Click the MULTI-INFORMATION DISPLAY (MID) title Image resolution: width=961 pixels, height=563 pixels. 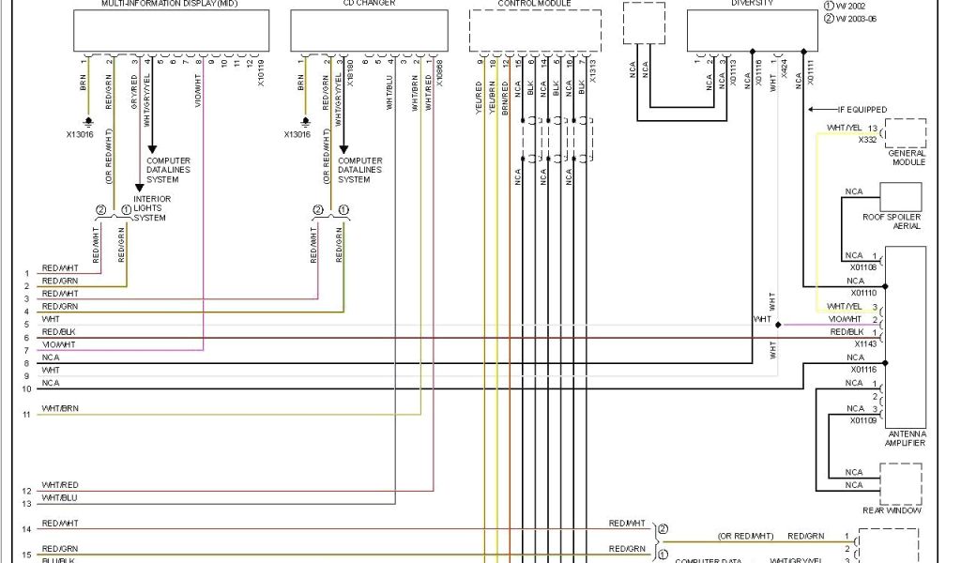coord(170,4)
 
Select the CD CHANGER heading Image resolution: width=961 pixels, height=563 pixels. coord(343,4)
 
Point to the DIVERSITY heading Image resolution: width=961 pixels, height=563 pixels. coord(753,4)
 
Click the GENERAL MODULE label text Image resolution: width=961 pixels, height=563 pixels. coord(907,158)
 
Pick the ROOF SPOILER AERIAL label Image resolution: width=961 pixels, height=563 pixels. coord(892,221)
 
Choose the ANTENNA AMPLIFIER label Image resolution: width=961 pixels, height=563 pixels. coord(906,438)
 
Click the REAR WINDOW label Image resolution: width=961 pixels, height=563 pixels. coord(892,510)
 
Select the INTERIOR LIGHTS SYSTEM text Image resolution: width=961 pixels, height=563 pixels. coord(149,208)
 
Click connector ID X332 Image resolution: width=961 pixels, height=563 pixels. coord(867,140)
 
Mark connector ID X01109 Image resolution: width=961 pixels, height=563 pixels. coord(863,420)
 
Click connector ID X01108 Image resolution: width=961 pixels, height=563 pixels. coord(863,266)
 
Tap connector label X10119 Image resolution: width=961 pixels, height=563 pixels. coord(261,72)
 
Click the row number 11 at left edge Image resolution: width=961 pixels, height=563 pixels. coord(26,414)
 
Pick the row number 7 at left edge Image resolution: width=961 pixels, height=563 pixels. coord(26,350)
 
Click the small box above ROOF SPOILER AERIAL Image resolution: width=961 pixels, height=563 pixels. coord(900,197)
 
